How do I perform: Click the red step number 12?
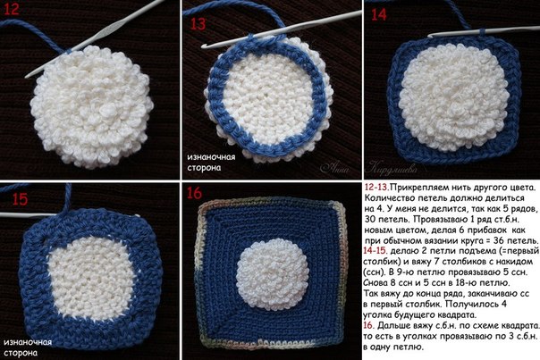tap(12, 9)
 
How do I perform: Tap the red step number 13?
tap(198, 24)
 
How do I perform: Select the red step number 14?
tap(379, 15)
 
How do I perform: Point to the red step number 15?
tap(20, 199)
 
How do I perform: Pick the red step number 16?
tap(194, 194)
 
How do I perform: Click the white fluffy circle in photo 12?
tap(91, 107)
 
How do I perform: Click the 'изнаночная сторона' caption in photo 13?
tap(211, 163)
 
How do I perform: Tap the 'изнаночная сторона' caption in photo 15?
tap(28, 347)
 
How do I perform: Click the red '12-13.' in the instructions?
tap(376, 188)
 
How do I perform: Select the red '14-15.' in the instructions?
tap(375, 251)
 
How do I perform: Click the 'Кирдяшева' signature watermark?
tap(392, 168)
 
